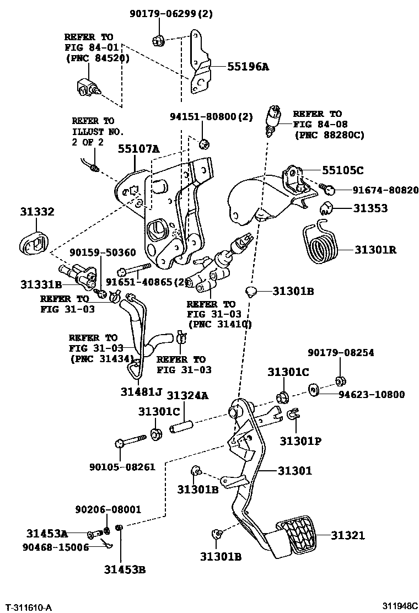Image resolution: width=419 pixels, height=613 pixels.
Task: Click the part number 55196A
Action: pyautogui.click(x=248, y=67)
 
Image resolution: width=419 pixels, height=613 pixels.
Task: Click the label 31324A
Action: pyautogui.click(x=188, y=395)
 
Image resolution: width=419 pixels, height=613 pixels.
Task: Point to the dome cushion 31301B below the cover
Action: pyautogui.click(x=251, y=291)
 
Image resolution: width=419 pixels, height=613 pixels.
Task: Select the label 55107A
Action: pyautogui.click(x=138, y=148)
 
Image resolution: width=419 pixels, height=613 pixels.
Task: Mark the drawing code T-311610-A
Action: pyautogui.click(x=29, y=607)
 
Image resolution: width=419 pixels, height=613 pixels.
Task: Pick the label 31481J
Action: pyautogui.click(x=141, y=392)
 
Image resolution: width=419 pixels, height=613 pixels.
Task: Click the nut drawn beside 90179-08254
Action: pyautogui.click(x=340, y=380)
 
